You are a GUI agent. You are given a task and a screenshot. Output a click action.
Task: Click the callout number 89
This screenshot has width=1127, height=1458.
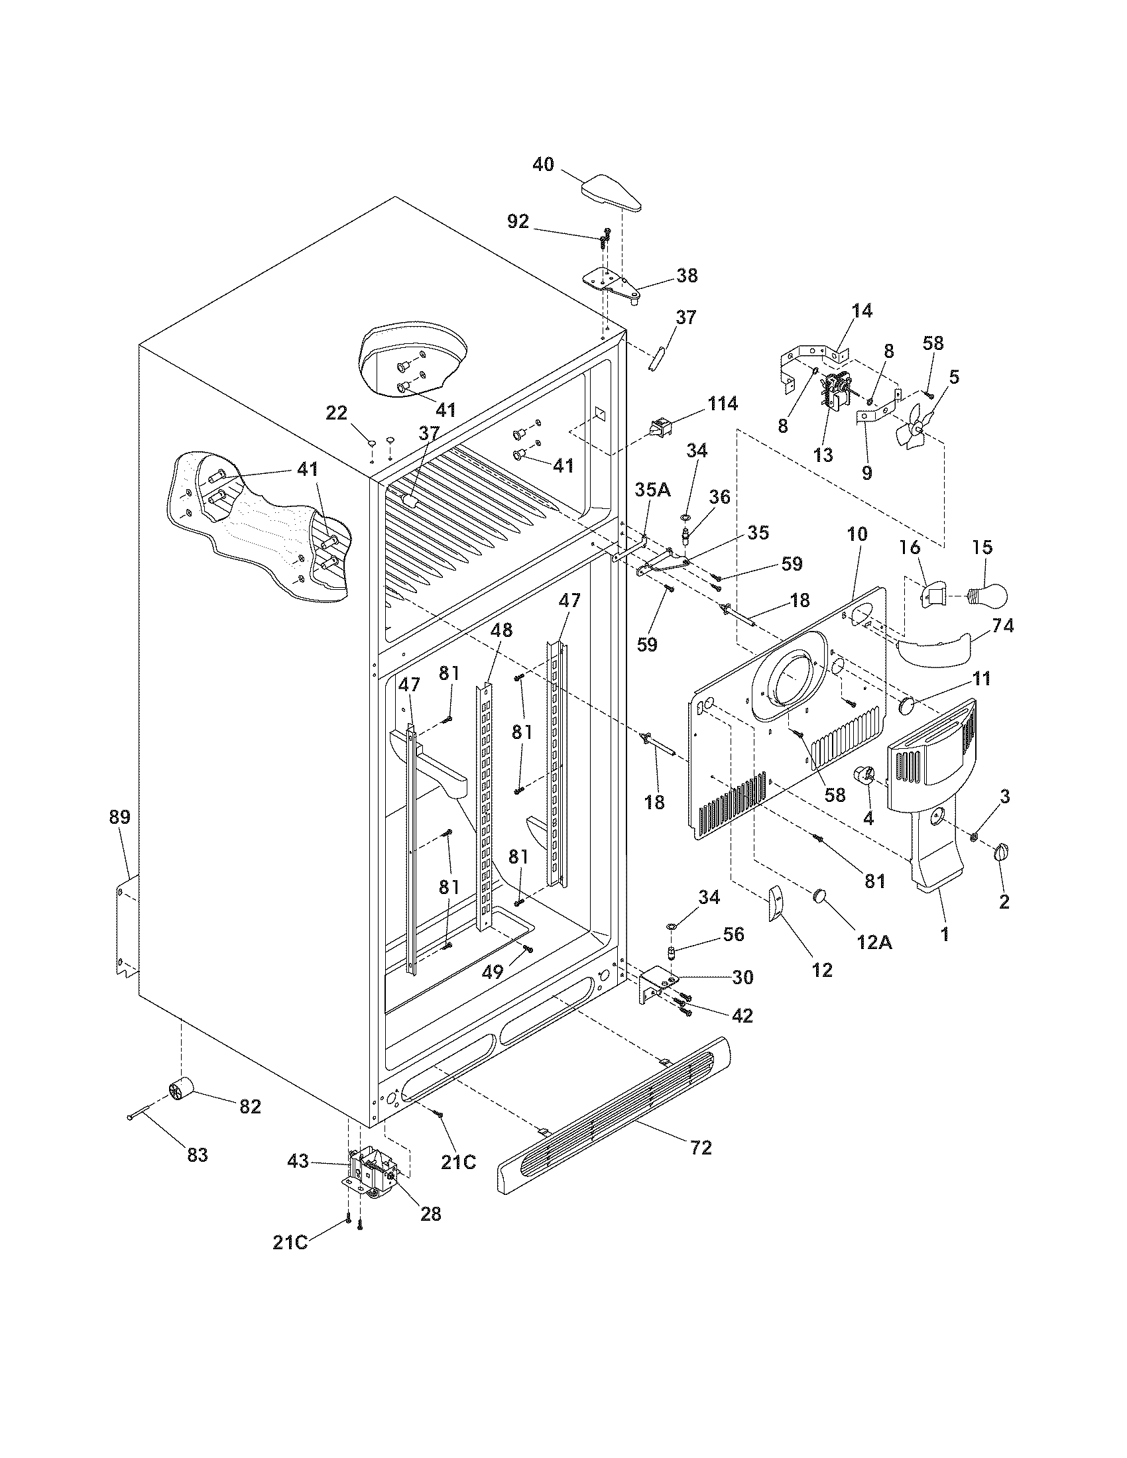click(x=120, y=816)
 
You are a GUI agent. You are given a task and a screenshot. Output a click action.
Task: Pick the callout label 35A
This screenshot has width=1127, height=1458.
click(x=652, y=490)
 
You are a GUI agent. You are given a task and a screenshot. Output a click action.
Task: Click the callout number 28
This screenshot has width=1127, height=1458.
click(x=431, y=1213)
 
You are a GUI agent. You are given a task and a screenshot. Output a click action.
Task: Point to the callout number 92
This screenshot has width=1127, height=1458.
click(x=518, y=221)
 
